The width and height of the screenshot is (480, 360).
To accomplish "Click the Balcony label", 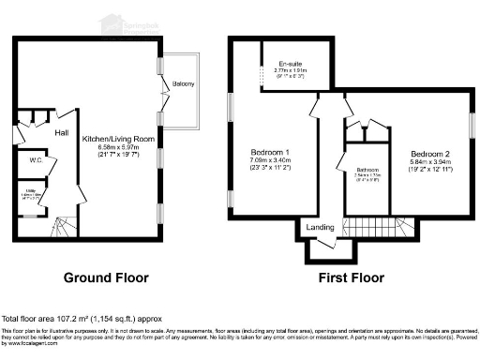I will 184,85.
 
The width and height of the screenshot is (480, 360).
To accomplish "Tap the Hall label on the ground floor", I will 61,133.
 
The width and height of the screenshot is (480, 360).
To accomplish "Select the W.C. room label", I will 37,160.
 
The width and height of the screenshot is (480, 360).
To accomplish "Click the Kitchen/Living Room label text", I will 118,139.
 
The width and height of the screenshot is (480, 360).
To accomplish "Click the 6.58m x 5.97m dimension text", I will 118,147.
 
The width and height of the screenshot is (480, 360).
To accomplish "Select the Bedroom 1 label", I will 270,153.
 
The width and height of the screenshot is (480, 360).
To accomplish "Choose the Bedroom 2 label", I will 430,153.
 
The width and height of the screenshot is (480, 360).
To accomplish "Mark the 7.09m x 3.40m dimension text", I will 270,161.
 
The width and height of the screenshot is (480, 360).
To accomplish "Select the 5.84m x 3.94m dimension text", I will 430,161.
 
